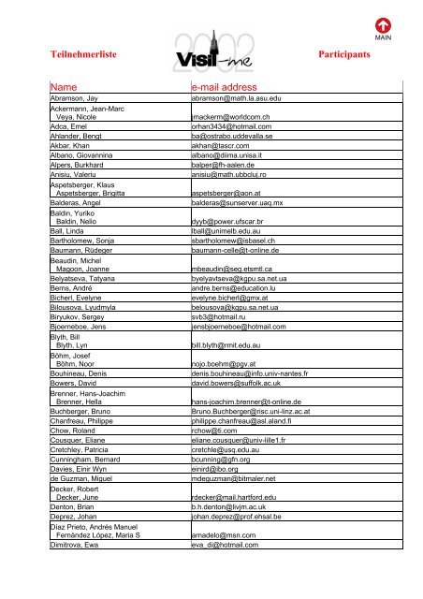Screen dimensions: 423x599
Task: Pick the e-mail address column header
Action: [231, 86]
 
